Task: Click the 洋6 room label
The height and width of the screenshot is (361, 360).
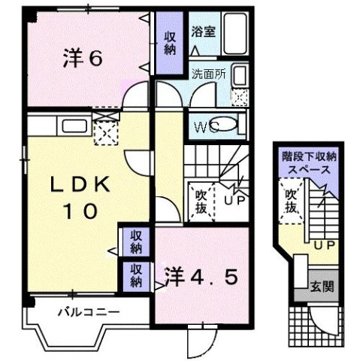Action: click(x=83, y=59)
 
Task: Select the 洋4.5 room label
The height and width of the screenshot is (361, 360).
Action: click(x=201, y=275)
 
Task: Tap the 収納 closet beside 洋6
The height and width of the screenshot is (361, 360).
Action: click(x=171, y=43)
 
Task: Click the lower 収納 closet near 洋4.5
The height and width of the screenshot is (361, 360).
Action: click(x=135, y=275)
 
